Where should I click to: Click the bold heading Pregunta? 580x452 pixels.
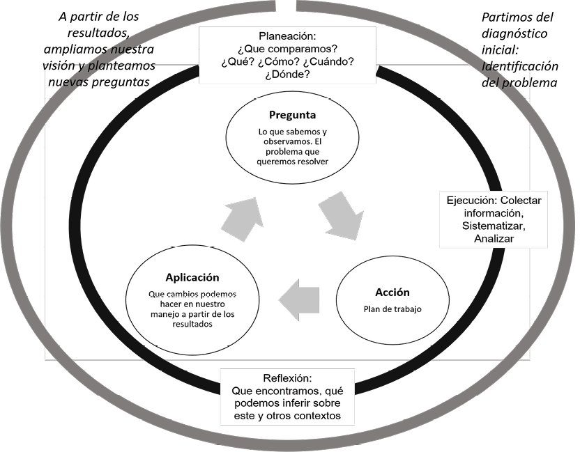pos(292,114)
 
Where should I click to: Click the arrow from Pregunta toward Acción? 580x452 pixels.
pos(342,217)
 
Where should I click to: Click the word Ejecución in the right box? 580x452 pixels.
pos(474,201)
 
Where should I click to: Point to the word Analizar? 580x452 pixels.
pos(494,238)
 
